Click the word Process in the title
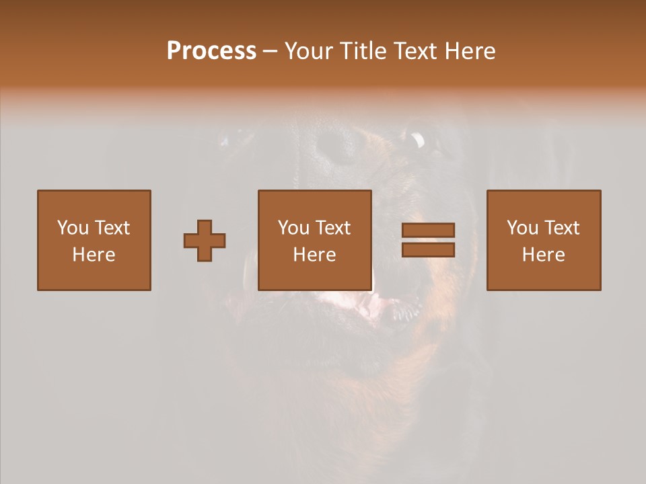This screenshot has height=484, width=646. click(x=211, y=51)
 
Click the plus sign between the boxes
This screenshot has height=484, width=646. click(x=205, y=241)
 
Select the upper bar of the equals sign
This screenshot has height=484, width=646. click(x=428, y=230)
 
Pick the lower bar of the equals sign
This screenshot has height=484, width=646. click(x=428, y=250)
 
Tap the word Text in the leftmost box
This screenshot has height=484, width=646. click(x=112, y=228)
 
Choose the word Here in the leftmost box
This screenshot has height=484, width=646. click(x=94, y=255)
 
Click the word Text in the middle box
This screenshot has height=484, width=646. click(x=332, y=228)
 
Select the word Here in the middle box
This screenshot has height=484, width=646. click(x=314, y=255)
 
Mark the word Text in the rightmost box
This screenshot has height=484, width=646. click(x=561, y=228)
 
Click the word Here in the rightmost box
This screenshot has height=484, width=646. click(x=543, y=255)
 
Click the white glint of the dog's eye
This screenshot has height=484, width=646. click(x=418, y=140)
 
